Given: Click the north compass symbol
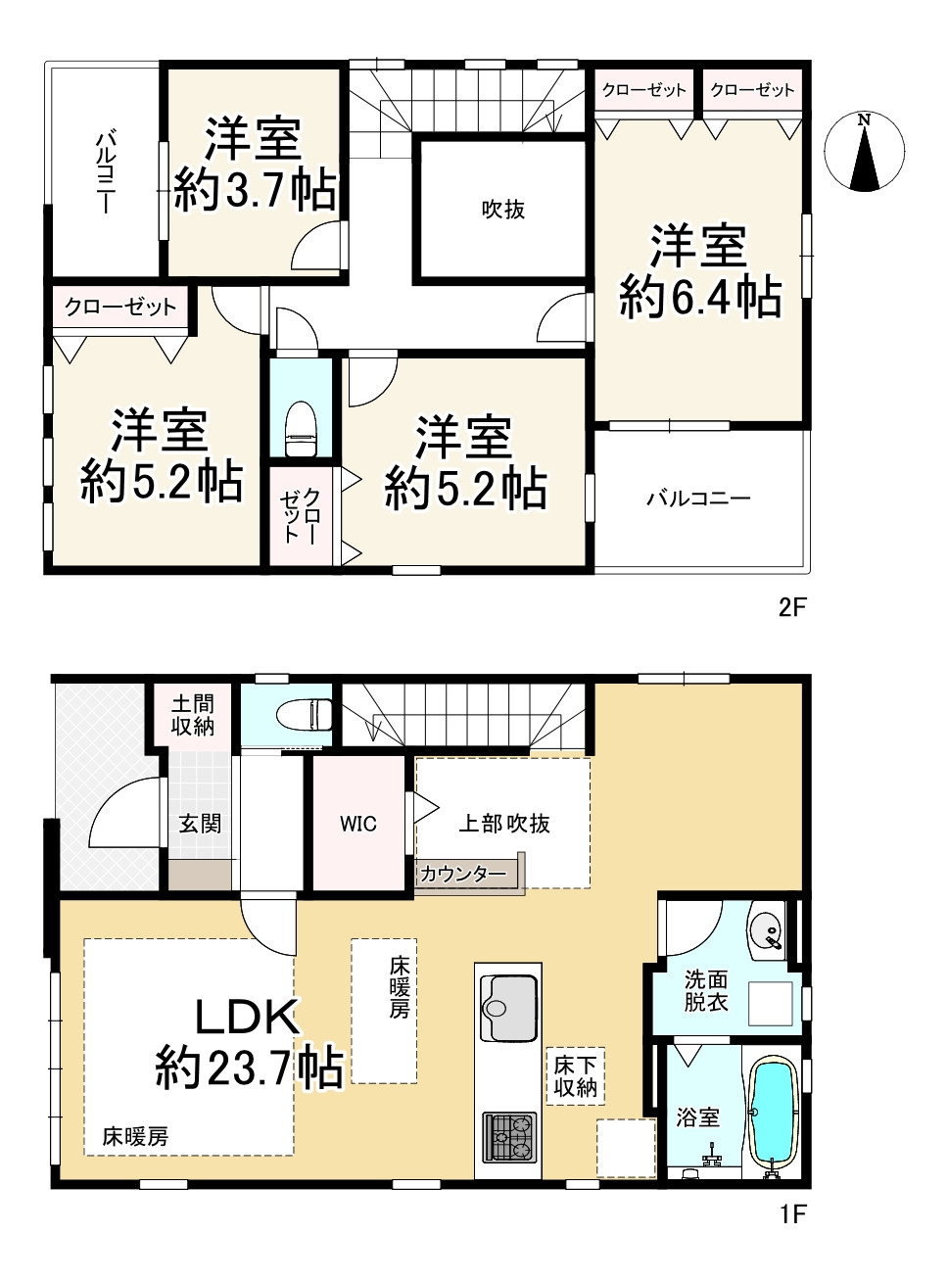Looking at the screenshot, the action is point(864,153).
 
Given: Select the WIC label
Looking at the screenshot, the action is point(357,823).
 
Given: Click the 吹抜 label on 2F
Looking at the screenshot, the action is point(503,210).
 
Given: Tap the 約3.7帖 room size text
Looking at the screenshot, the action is point(255,190).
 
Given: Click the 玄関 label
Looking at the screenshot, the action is point(200,823).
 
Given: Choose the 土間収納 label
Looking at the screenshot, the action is point(193,716).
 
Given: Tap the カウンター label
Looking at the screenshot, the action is point(463,874).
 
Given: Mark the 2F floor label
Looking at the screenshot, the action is point(792,607).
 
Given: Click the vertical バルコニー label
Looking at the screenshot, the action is point(105,172).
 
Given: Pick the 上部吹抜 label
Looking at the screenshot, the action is point(504,823).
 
